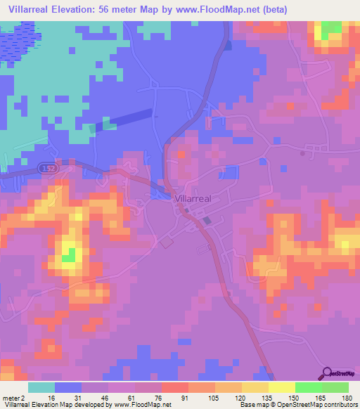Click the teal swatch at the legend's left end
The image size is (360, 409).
pos(41,387)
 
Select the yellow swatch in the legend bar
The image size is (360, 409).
pos(282,387)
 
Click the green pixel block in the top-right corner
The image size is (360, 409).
pos(329,31)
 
